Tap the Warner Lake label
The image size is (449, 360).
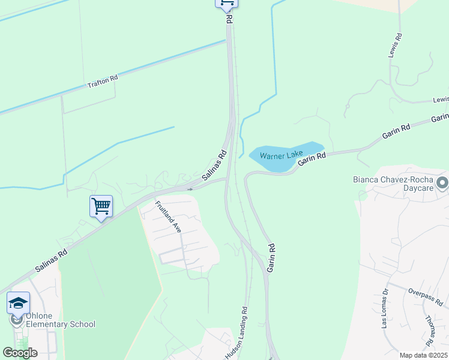[x=281, y=155]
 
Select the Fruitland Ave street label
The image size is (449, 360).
[x=168, y=217]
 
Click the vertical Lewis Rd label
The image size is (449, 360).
[x=398, y=45]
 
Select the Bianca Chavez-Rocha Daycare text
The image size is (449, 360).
[x=393, y=184]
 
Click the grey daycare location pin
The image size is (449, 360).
[x=442, y=182]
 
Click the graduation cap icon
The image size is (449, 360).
[x=18, y=302]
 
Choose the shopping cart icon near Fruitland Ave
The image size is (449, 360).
[x=101, y=206]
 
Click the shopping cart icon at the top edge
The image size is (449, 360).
[x=226, y=3]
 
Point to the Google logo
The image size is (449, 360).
[x=20, y=353]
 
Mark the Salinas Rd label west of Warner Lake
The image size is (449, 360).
[x=214, y=164]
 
